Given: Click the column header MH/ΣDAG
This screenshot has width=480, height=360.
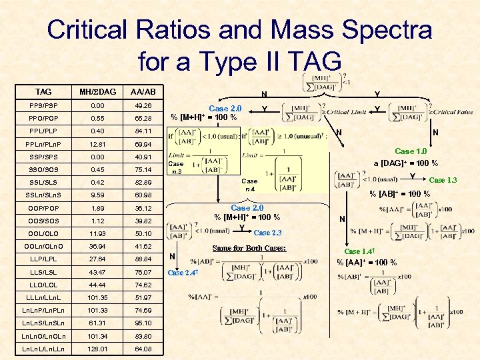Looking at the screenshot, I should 97,91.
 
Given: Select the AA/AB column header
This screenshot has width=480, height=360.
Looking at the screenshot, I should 143,91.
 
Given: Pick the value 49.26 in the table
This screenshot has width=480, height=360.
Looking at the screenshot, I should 143,105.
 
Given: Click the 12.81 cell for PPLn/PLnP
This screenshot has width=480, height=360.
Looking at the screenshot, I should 97,144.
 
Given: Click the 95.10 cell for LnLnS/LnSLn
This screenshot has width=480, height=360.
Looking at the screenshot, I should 143,323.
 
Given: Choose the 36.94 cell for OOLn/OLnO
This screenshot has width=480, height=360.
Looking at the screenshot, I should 97,246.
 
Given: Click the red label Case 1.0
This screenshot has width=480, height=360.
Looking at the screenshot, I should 415,151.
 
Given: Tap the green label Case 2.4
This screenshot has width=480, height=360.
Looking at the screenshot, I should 185,272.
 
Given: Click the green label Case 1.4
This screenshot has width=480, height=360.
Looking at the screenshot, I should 358,251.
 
